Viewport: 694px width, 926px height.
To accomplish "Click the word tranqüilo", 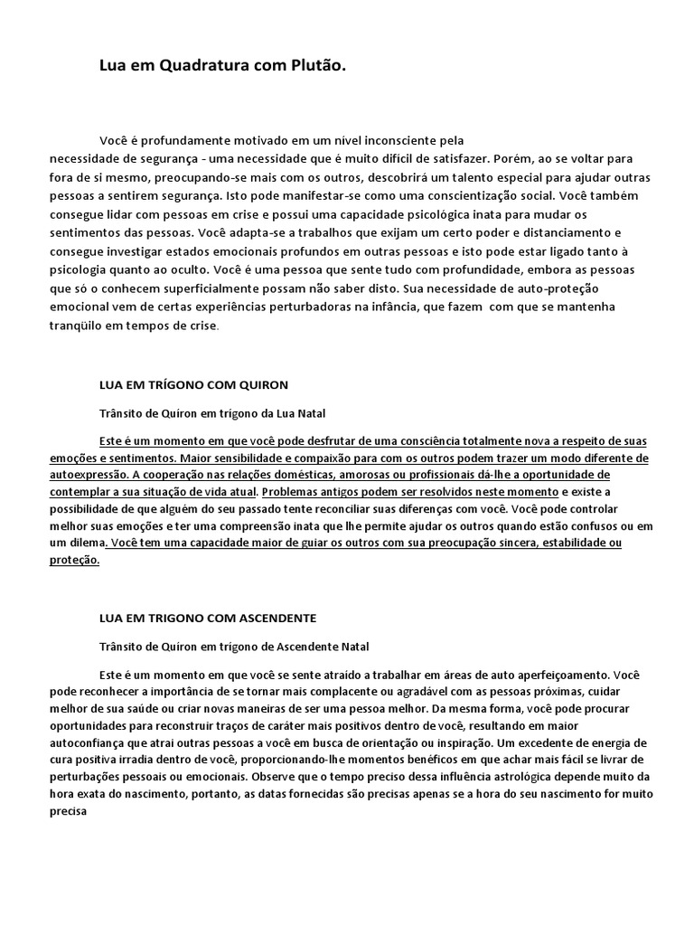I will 82,325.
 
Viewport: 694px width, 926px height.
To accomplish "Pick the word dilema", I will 84,543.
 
